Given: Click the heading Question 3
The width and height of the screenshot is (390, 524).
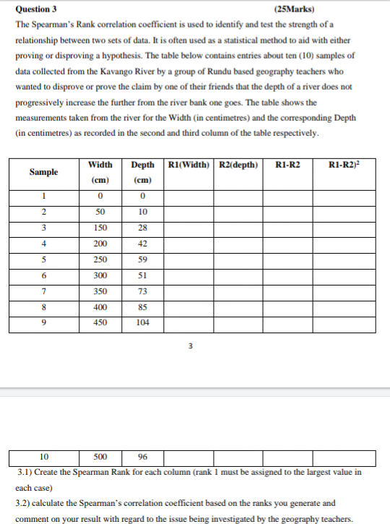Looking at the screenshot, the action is (37, 9).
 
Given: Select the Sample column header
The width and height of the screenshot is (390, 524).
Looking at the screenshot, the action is (44, 172).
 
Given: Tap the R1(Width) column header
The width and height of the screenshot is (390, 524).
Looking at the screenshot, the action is (189, 165).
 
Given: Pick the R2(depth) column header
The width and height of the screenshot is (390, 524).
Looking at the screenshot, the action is (238, 165).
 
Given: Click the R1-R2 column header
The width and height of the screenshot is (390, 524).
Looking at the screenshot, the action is (287, 165).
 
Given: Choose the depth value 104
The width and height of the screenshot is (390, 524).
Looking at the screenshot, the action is (142, 323).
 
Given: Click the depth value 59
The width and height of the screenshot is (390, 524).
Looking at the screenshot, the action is (142, 259).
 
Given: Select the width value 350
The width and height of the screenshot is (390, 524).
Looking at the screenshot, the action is (100, 291).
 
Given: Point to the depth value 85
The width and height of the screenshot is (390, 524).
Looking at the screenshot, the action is (142, 307).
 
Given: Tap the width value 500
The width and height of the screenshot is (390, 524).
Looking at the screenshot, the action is (100, 457).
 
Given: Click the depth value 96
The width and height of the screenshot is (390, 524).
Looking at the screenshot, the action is (142, 457).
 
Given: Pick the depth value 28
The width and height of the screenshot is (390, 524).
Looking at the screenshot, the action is (142, 228).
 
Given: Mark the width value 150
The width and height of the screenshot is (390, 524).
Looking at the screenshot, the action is (100, 228).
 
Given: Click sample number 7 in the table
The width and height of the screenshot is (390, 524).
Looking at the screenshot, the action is (44, 291).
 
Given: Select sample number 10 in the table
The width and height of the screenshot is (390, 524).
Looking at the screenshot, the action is (44, 457).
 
